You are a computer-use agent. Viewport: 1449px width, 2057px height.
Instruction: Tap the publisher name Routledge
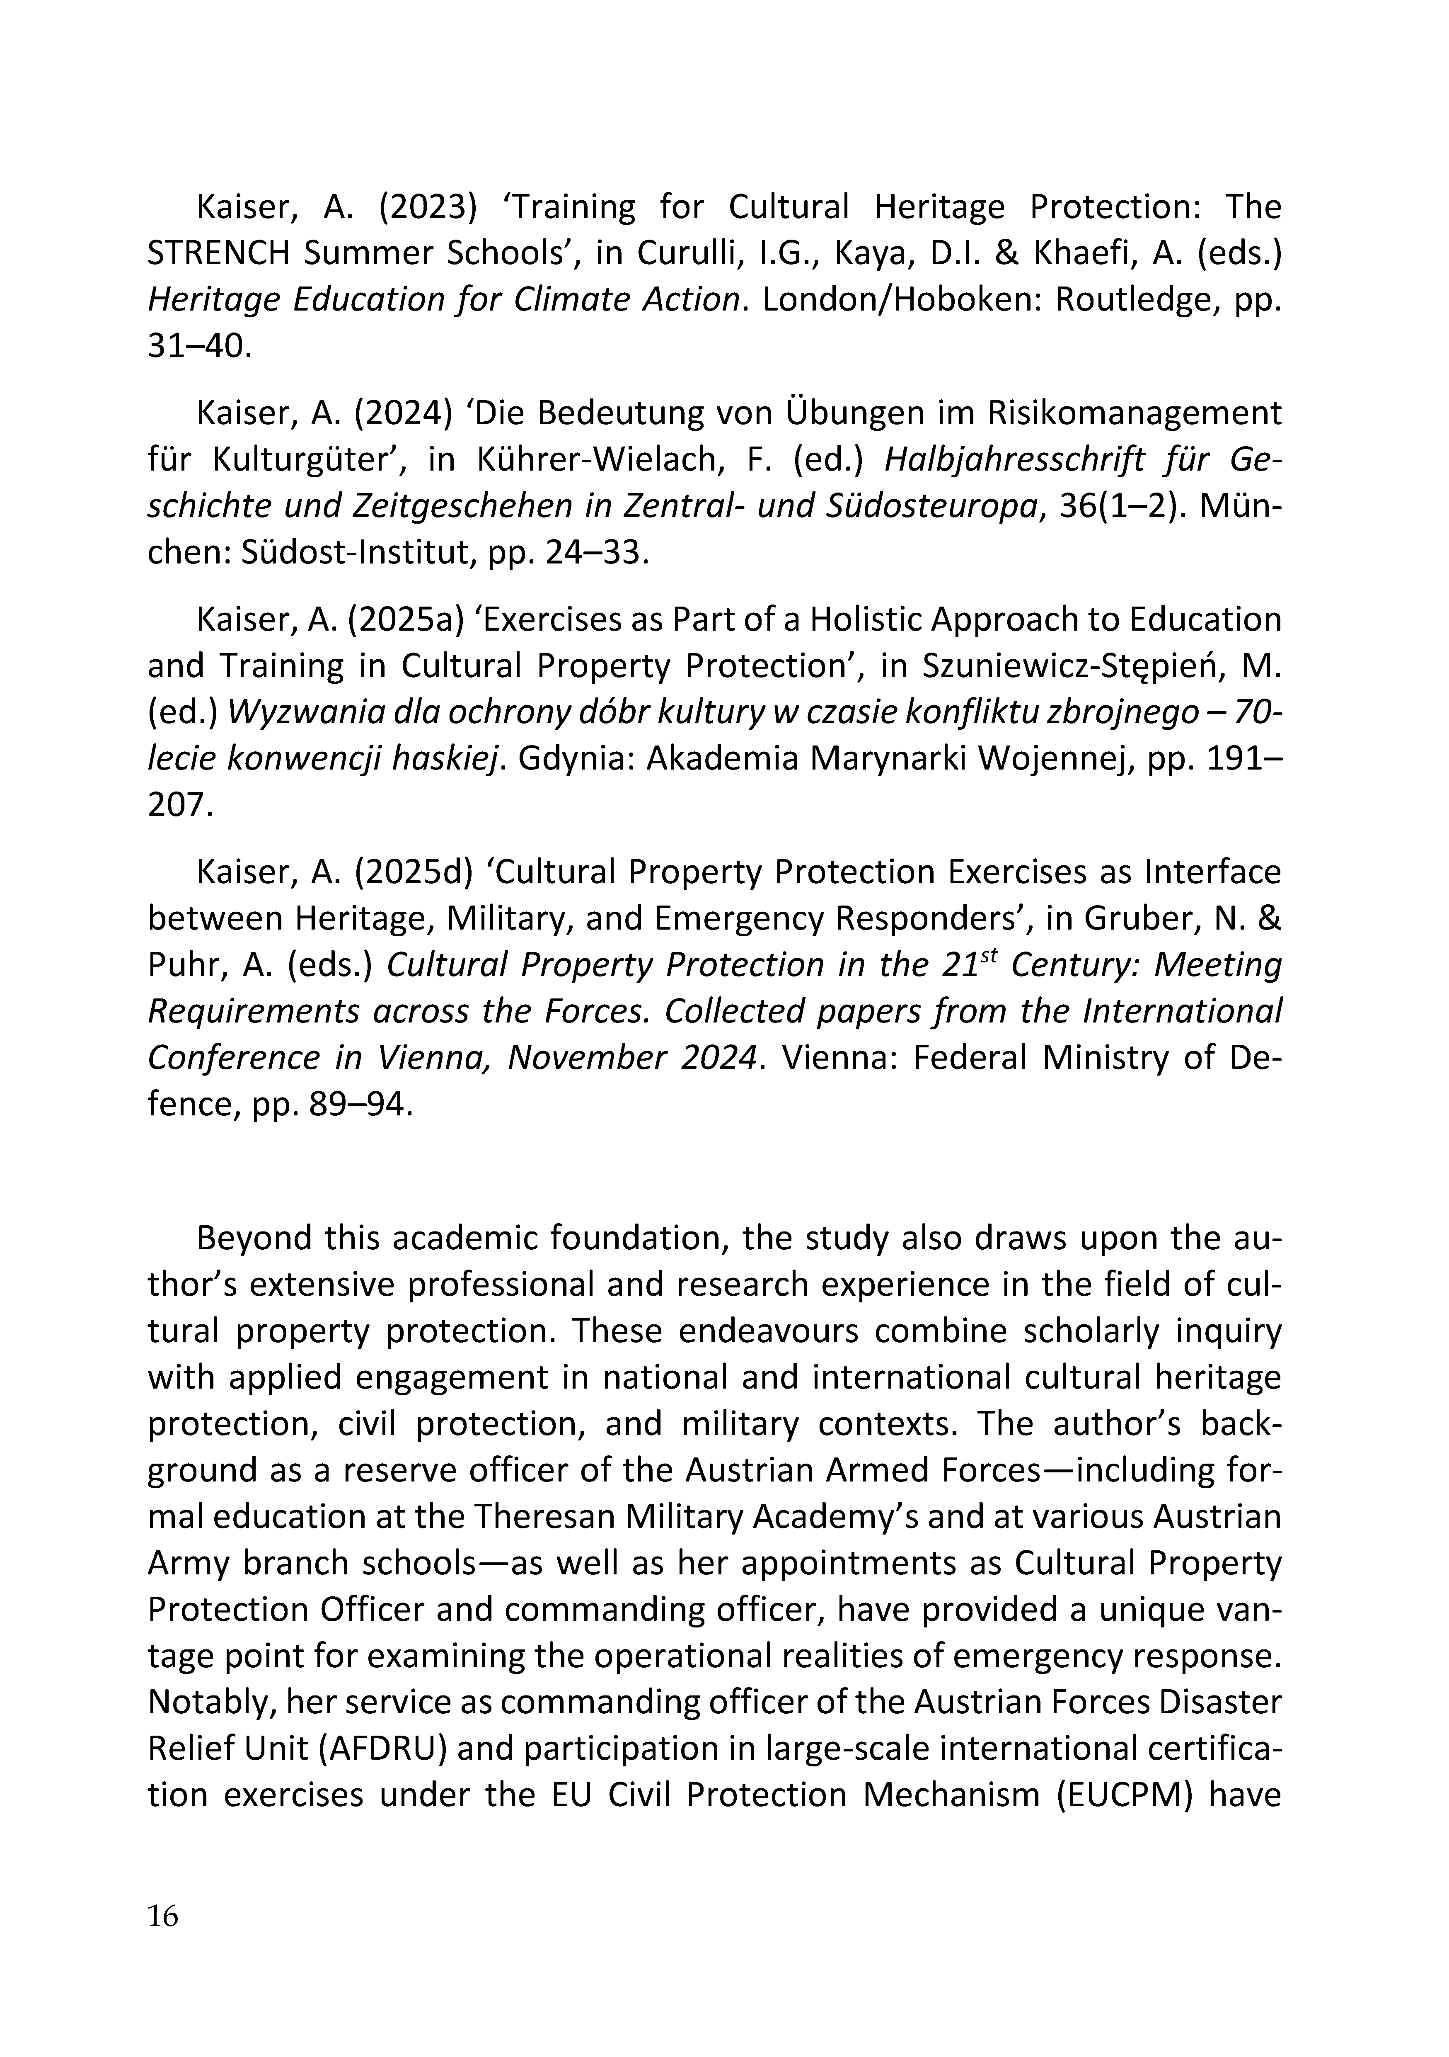(1135, 300)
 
